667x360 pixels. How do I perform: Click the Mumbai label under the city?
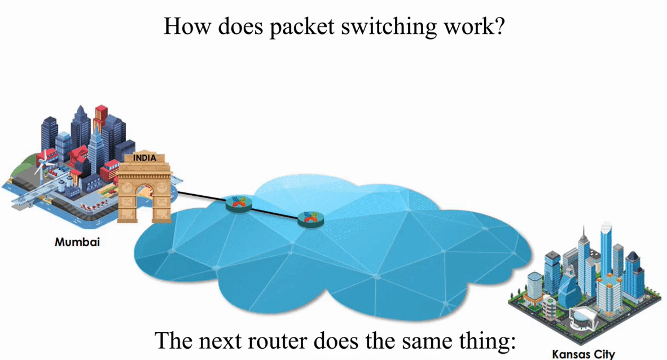[x=77, y=242]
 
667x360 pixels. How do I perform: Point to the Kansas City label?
[x=583, y=354]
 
